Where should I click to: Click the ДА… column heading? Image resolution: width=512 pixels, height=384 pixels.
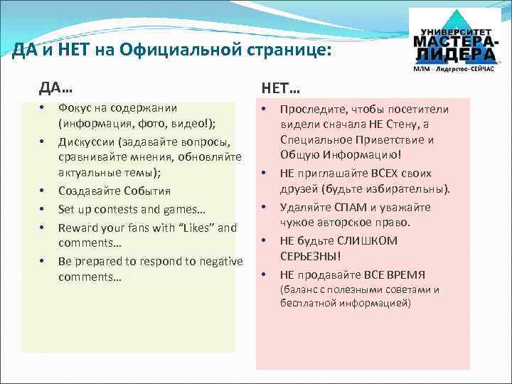55,87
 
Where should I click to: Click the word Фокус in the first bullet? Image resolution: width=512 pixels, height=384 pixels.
74,108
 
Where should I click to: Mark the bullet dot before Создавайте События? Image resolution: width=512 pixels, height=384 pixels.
43,191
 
